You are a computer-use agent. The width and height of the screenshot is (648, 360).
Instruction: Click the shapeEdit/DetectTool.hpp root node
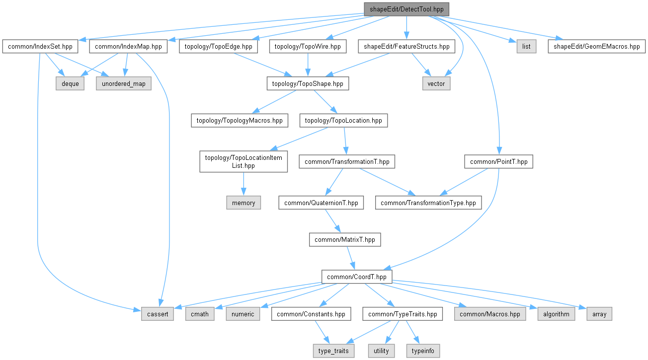pyautogui.click(x=406, y=9)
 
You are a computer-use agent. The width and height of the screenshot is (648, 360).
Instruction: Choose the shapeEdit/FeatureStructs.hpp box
pyautogui.click(x=406, y=47)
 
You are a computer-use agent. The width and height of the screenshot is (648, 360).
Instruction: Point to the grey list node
pyautogui.click(x=526, y=47)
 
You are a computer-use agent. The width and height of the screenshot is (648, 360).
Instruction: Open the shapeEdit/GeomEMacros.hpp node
pyautogui.click(x=596, y=47)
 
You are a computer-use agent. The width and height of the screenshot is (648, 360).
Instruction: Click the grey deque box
pyautogui.click(x=70, y=84)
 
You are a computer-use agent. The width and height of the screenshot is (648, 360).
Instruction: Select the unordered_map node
pyautogui.click(x=124, y=84)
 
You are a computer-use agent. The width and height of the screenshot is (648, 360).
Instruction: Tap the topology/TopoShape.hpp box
pyautogui.click(x=308, y=84)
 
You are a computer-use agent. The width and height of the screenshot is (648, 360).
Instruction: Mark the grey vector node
pyautogui.click(x=436, y=84)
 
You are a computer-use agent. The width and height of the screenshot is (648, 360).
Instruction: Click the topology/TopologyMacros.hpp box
pyautogui.click(x=240, y=121)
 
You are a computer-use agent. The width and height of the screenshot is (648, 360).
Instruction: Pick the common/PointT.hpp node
pyautogui.click(x=499, y=161)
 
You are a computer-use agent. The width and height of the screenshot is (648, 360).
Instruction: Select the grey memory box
pyautogui.click(x=243, y=203)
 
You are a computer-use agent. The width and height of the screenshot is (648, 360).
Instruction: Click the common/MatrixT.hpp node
pyautogui.click(x=345, y=240)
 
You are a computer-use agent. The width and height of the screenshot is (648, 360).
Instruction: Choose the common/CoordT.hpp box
pyautogui.click(x=357, y=277)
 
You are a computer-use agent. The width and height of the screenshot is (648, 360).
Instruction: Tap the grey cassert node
pyautogui.click(x=158, y=314)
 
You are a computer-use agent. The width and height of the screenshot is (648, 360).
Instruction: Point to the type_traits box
pyautogui.click(x=333, y=351)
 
